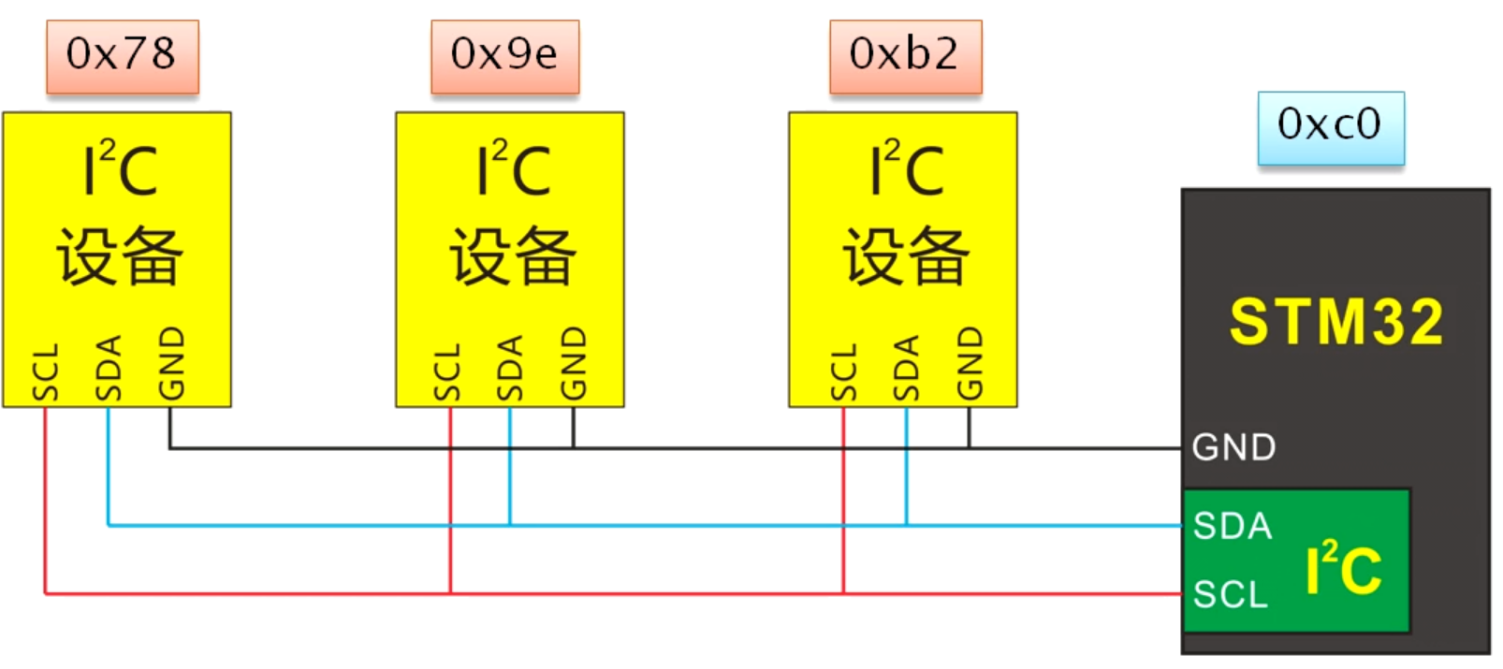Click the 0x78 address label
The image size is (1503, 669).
[x=122, y=55]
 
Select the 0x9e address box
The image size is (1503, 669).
[x=504, y=55]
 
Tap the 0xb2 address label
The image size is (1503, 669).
[x=905, y=55]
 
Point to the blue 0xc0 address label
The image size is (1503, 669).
[x=1330, y=125]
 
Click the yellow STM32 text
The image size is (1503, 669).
[x=1335, y=322]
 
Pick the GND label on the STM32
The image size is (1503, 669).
[x=1233, y=448]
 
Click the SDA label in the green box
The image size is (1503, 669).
[x=1233, y=526]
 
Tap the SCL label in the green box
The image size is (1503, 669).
[x=1231, y=594]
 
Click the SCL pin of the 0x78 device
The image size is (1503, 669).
[x=45, y=372]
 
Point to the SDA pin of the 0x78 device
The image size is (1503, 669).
[x=109, y=368]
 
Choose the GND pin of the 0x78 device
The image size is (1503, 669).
[x=171, y=363]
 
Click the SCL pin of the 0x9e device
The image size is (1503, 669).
[x=447, y=372]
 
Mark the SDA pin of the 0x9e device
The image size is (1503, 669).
[x=510, y=368]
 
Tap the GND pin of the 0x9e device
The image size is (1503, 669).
[x=573, y=363]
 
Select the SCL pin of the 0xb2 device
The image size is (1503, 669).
[x=843, y=372]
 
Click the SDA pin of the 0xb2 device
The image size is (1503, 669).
[x=906, y=368]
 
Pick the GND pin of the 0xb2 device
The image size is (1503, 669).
[x=970, y=363]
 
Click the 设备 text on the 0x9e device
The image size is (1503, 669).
[x=512, y=255]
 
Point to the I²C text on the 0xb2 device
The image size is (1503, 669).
[x=906, y=169]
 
